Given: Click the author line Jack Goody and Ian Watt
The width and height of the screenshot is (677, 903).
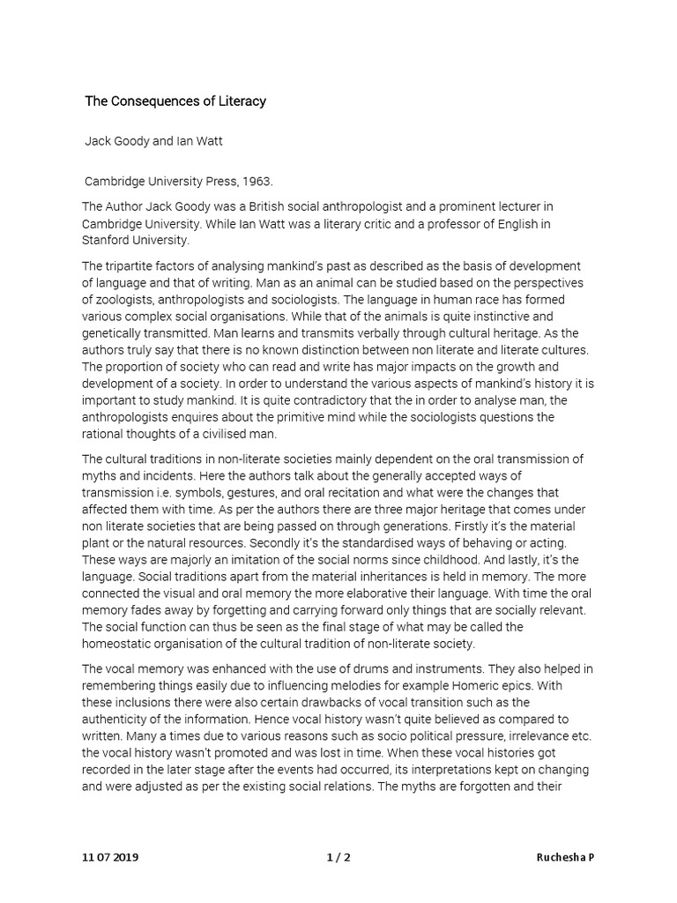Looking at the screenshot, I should point(153,141).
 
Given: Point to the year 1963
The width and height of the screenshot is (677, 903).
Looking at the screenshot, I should point(257,182).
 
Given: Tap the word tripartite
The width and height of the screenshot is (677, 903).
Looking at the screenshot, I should point(138,266).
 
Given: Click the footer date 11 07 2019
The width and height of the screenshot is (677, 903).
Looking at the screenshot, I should point(112,858).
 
